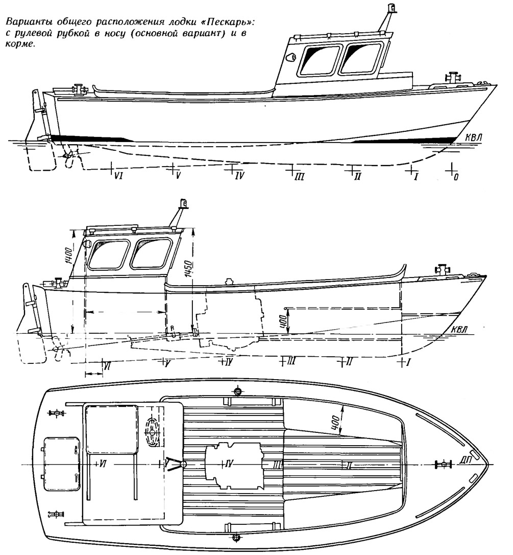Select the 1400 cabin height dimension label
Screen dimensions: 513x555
click(68, 256)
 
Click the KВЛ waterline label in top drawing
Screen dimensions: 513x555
click(473, 137)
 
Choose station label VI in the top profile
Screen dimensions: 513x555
click(118, 175)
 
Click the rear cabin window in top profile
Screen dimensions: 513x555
click(318, 59)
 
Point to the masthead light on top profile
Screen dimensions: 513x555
click(391, 8)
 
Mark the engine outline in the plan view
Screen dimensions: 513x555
click(234, 465)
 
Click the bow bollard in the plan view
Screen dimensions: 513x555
click(442, 465)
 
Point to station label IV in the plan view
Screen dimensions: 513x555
click(229, 464)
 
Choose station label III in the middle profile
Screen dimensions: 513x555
click(290, 361)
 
